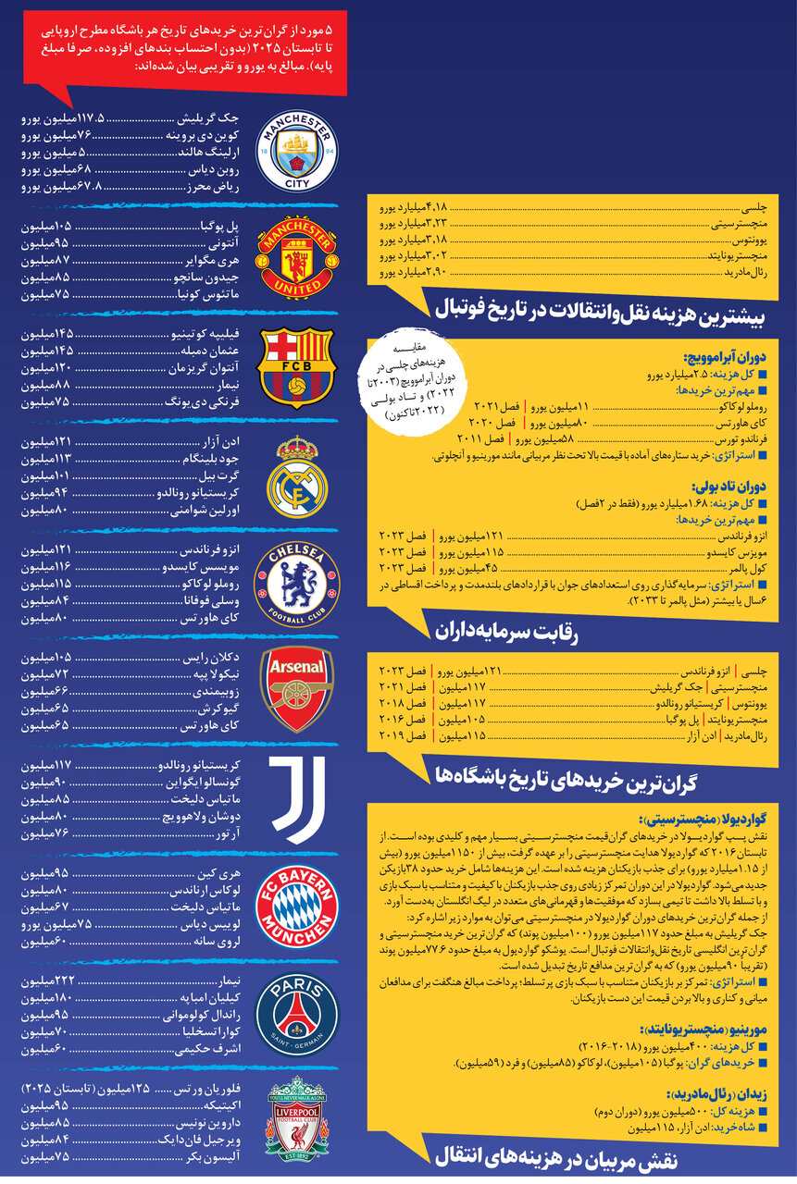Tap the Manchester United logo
296,258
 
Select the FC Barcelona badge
296,367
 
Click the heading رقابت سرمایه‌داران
505,631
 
